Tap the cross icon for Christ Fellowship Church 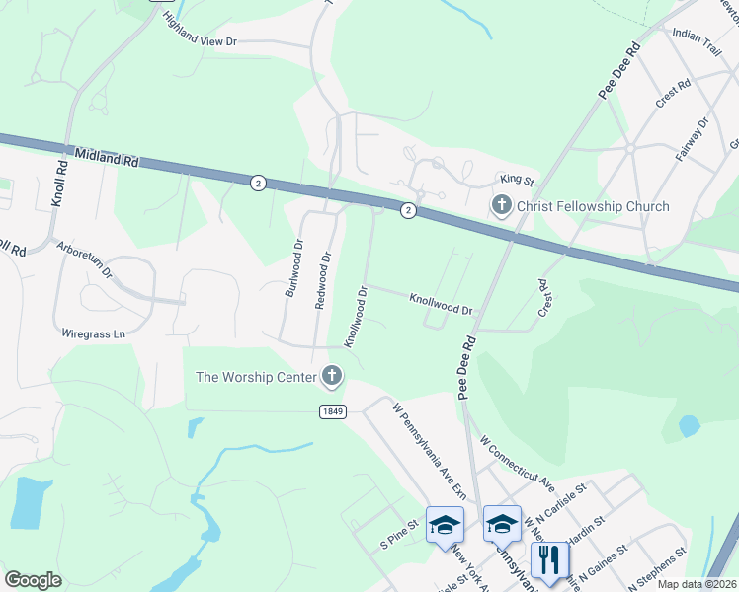[x=501, y=206]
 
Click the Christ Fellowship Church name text [x=592, y=207]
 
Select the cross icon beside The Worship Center [x=331, y=376]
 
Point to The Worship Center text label [x=255, y=376]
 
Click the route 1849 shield [x=332, y=411]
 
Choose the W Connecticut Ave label [x=516, y=461]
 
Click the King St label [x=516, y=181]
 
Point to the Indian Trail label [x=698, y=35]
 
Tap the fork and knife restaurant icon [x=550, y=560]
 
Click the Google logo [x=33, y=580]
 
